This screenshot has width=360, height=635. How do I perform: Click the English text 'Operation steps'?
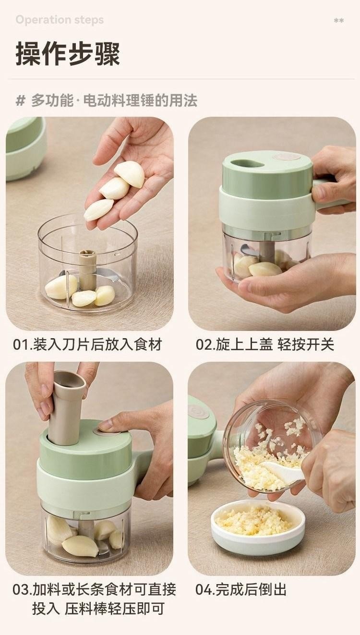pyautogui.click(x=60, y=20)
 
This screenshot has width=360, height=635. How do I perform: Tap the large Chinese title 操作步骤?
pyautogui.click(x=68, y=54)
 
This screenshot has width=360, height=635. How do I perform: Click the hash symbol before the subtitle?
pyautogui.click(x=20, y=101)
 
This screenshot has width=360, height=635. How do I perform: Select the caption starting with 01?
pyautogui.click(x=87, y=344)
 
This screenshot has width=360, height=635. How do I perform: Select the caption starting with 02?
pyautogui.click(x=265, y=344)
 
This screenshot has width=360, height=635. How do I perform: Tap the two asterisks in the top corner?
pyautogui.click(x=339, y=21)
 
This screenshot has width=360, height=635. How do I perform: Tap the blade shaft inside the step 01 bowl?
pyautogui.click(x=87, y=269)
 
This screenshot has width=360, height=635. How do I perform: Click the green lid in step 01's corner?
pyautogui.click(x=25, y=149)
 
